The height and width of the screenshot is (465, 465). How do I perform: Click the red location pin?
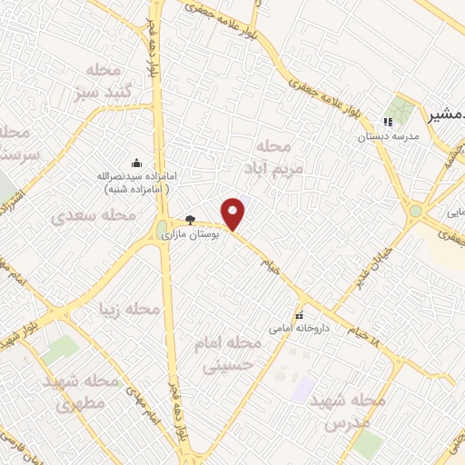click(x=234, y=213)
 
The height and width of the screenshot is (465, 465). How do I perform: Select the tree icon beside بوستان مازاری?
click(x=190, y=219)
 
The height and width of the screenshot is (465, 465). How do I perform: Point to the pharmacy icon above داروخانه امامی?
click(x=299, y=306)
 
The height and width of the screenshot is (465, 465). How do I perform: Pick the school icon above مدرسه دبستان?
click(x=388, y=122)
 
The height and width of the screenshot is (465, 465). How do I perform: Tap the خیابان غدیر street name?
click(x=377, y=257)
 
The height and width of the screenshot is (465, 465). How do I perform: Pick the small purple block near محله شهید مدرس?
click(x=302, y=390)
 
